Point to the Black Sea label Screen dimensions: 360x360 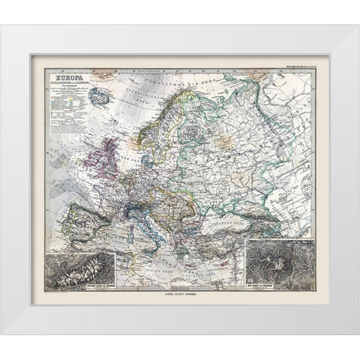coord(234,204)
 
